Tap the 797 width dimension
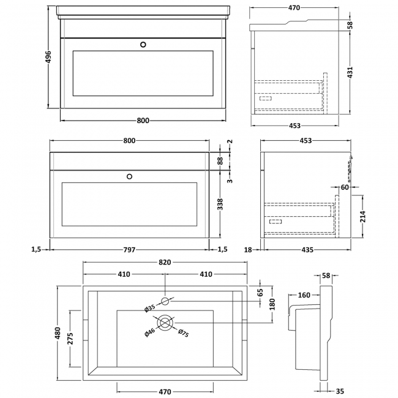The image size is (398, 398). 129,249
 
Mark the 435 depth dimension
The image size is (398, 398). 307,249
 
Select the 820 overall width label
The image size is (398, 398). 165,262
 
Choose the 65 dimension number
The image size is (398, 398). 260,291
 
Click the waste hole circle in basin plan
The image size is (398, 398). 165,322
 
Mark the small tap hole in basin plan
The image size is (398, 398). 165,300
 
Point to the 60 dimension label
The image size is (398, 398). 345,188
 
